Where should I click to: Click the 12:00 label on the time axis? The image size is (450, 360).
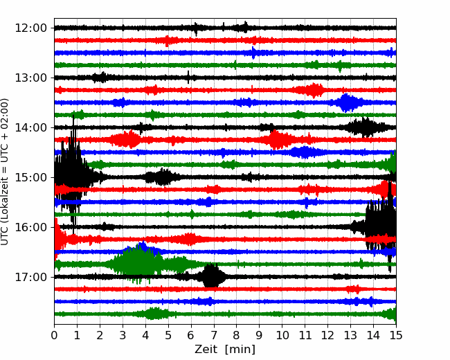30,28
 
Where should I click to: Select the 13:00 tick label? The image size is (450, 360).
30,78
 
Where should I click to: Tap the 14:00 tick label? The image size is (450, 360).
30,128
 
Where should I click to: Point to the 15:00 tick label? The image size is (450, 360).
30,177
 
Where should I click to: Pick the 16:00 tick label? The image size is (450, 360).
30,227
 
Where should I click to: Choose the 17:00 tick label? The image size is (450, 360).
30,278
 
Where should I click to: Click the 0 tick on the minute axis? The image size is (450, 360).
54,335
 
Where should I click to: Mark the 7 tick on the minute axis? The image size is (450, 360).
214,335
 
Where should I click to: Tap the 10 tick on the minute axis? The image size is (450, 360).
282,335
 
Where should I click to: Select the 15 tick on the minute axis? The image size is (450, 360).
396,335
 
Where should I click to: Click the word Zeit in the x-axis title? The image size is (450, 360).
206,349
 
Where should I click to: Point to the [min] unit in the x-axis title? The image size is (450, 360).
240,350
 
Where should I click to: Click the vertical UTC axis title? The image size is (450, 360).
5,172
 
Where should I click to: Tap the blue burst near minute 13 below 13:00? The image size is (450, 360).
347,102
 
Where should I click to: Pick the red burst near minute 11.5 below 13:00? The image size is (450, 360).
312,90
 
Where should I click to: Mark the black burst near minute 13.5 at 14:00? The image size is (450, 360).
364,127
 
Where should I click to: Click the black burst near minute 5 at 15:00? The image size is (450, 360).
161,177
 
